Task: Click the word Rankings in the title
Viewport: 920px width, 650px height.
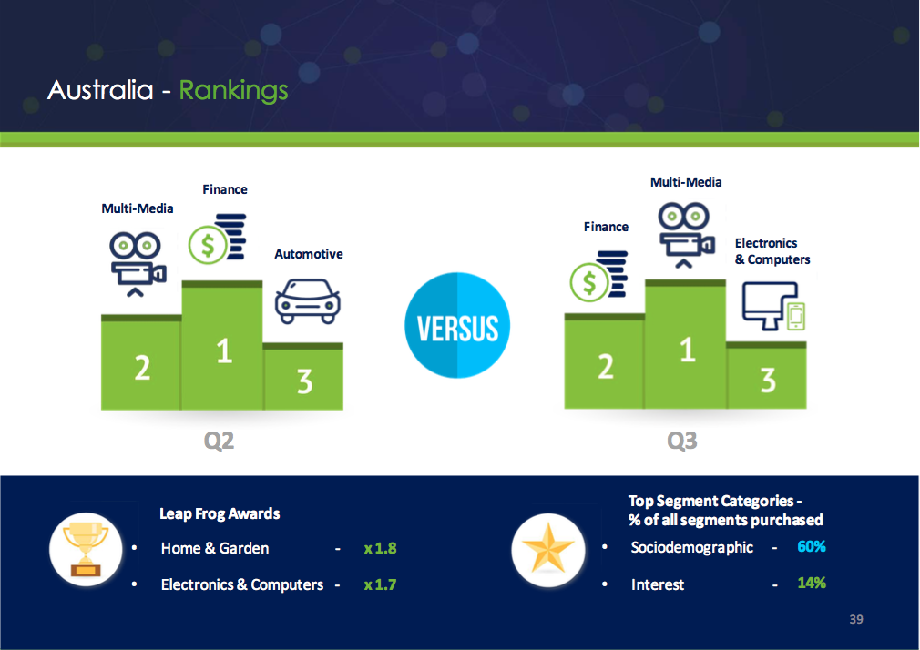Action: (233, 91)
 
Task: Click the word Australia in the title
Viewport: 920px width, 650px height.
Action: (100, 90)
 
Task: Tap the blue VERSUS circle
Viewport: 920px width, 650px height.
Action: (457, 325)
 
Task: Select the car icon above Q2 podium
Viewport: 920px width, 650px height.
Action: (308, 301)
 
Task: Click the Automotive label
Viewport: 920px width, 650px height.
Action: (309, 254)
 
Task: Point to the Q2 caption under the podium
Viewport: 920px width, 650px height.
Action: (219, 440)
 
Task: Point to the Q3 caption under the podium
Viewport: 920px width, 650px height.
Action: (681, 440)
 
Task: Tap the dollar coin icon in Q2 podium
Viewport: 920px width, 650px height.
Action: (217, 239)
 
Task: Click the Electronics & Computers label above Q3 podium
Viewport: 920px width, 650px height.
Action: (772, 251)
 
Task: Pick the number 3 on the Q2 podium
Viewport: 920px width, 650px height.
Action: (304, 381)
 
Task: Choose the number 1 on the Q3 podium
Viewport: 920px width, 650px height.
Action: (687, 350)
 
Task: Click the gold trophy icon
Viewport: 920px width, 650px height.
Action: (86, 549)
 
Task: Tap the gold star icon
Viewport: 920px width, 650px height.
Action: (548, 549)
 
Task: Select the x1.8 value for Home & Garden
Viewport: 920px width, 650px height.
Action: (380, 548)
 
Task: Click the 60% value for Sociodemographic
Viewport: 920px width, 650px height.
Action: (812, 546)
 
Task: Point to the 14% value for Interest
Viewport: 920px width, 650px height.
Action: (812, 583)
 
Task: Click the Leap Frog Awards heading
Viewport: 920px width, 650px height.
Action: (220, 513)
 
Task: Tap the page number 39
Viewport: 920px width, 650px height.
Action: (856, 619)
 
